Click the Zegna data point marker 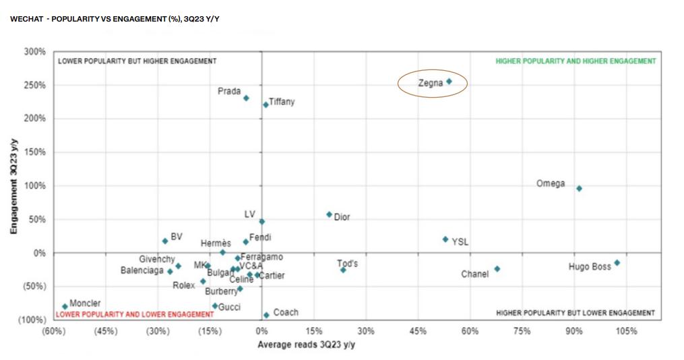pyautogui.click(x=449, y=82)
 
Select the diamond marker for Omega pyautogui.click(x=579, y=188)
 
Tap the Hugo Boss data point pyautogui.click(x=617, y=263)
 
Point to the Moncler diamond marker pyautogui.click(x=65, y=306)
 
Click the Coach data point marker pyautogui.click(x=266, y=315)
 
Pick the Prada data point pyautogui.click(x=246, y=98)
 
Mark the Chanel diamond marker pyautogui.click(x=497, y=268)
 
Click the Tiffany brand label pyautogui.click(x=282, y=102)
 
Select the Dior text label pyautogui.click(x=342, y=217)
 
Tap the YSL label pyautogui.click(x=460, y=241)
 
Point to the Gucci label pyautogui.click(x=230, y=307)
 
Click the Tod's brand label pyautogui.click(x=348, y=264)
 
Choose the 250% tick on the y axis pyautogui.click(x=35, y=85)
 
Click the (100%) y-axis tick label pyautogui.click(x=32, y=320)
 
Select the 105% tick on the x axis pyautogui.click(x=626, y=331)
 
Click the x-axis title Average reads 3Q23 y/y pyautogui.click(x=306, y=344)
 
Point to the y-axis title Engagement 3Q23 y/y pyautogui.click(x=13, y=185)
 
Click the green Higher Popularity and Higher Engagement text pyautogui.click(x=576, y=61)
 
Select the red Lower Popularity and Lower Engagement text pyautogui.click(x=134, y=314)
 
